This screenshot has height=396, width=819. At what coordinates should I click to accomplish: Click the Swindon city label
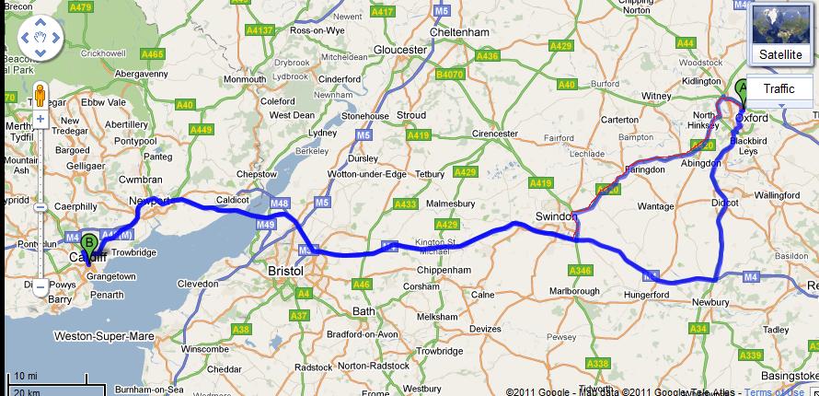pos(555,216)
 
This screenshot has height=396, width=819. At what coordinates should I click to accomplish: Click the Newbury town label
pos(713,301)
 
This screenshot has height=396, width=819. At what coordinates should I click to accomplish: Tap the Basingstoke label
pos(788,375)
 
